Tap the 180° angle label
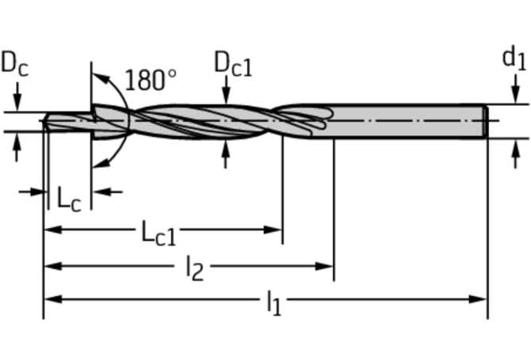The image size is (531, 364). click(151, 80)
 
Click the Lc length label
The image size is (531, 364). click(68, 198)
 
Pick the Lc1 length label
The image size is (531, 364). click(159, 232)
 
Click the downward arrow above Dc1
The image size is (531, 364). click(225, 96)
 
